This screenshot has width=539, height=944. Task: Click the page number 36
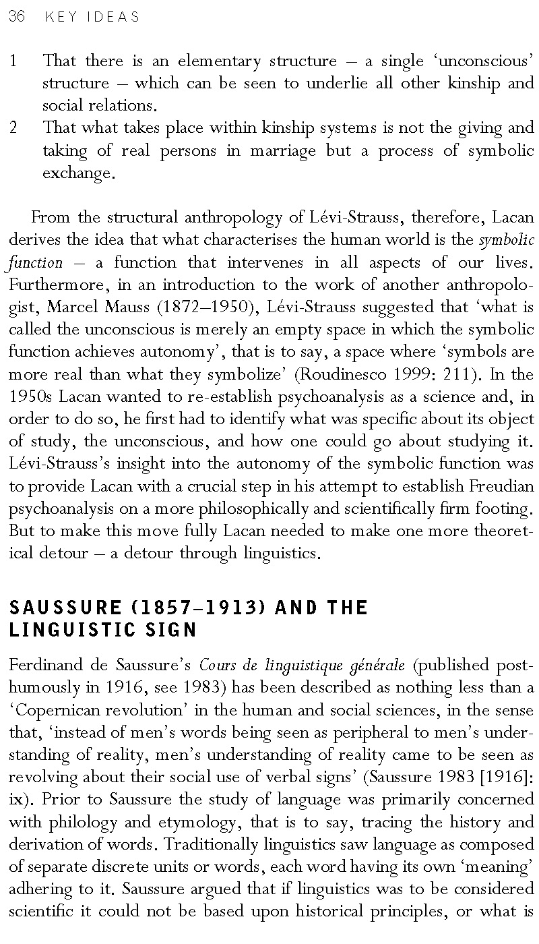[x=16, y=17]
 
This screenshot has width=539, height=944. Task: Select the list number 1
[x=13, y=61]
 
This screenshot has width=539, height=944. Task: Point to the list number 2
[x=14, y=128]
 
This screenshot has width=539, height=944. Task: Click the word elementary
[x=219, y=61]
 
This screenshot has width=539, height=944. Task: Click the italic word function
[x=36, y=263]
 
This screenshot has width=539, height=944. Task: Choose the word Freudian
[x=499, y=486]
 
